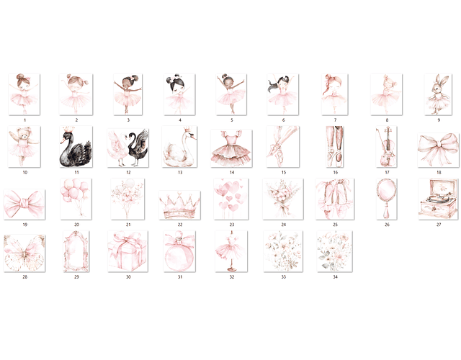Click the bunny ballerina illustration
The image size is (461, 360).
[438, 94]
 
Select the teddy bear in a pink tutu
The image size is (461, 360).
[24, 147]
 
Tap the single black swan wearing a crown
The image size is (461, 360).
[76, 147]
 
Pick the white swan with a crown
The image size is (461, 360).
[179, 147]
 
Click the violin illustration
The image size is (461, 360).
[387, 147]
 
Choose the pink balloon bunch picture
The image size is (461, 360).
[76, 199]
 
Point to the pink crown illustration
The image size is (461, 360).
[179, 205]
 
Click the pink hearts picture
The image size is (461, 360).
[231, 199]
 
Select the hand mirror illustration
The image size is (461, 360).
[387, 199]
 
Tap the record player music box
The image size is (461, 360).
[439, 199]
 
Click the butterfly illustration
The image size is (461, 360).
[24, 253]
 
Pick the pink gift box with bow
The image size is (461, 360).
[128, 251]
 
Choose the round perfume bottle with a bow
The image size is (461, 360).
[179, 251]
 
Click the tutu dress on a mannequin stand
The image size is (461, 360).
[231, 251]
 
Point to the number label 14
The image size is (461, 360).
[232, 172]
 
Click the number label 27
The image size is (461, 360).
[439, 225]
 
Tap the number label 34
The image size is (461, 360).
[335, 276]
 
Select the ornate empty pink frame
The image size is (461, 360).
[76, 251]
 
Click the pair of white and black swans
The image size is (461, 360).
[128, 148]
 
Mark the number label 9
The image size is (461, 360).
[439, 120]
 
